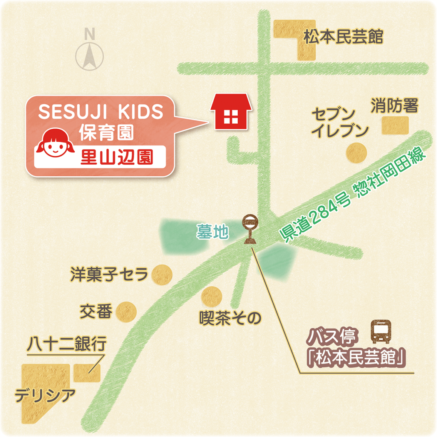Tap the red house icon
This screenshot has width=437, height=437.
click(x=231, y=112)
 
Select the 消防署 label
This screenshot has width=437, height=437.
click(x=394, y=105)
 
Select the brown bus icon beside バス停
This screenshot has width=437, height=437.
click(x=381, y=332)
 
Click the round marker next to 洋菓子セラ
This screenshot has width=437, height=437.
click(x=162, y=274)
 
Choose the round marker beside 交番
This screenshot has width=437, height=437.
click(x=126, y=312)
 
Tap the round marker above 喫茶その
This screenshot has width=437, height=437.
click(x=212, y=297)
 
